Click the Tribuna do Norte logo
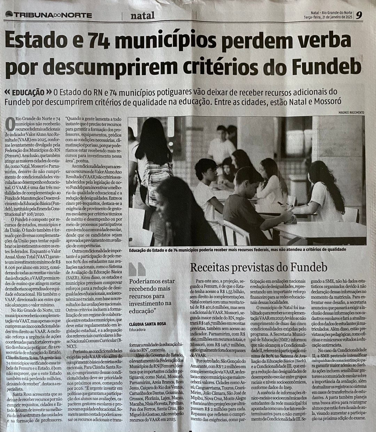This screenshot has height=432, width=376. click(x=49, y=15)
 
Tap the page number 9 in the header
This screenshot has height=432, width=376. click(x=359, y=15)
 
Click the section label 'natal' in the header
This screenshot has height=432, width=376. click(x=143, y=15)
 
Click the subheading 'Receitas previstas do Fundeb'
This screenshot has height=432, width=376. click(x=259, y=267)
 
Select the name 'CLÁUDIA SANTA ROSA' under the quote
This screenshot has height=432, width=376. click(x=147, y=323)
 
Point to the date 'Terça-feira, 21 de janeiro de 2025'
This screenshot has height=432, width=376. click(x=328, y=17)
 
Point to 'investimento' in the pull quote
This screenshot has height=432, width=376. click(x=146, y=304)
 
